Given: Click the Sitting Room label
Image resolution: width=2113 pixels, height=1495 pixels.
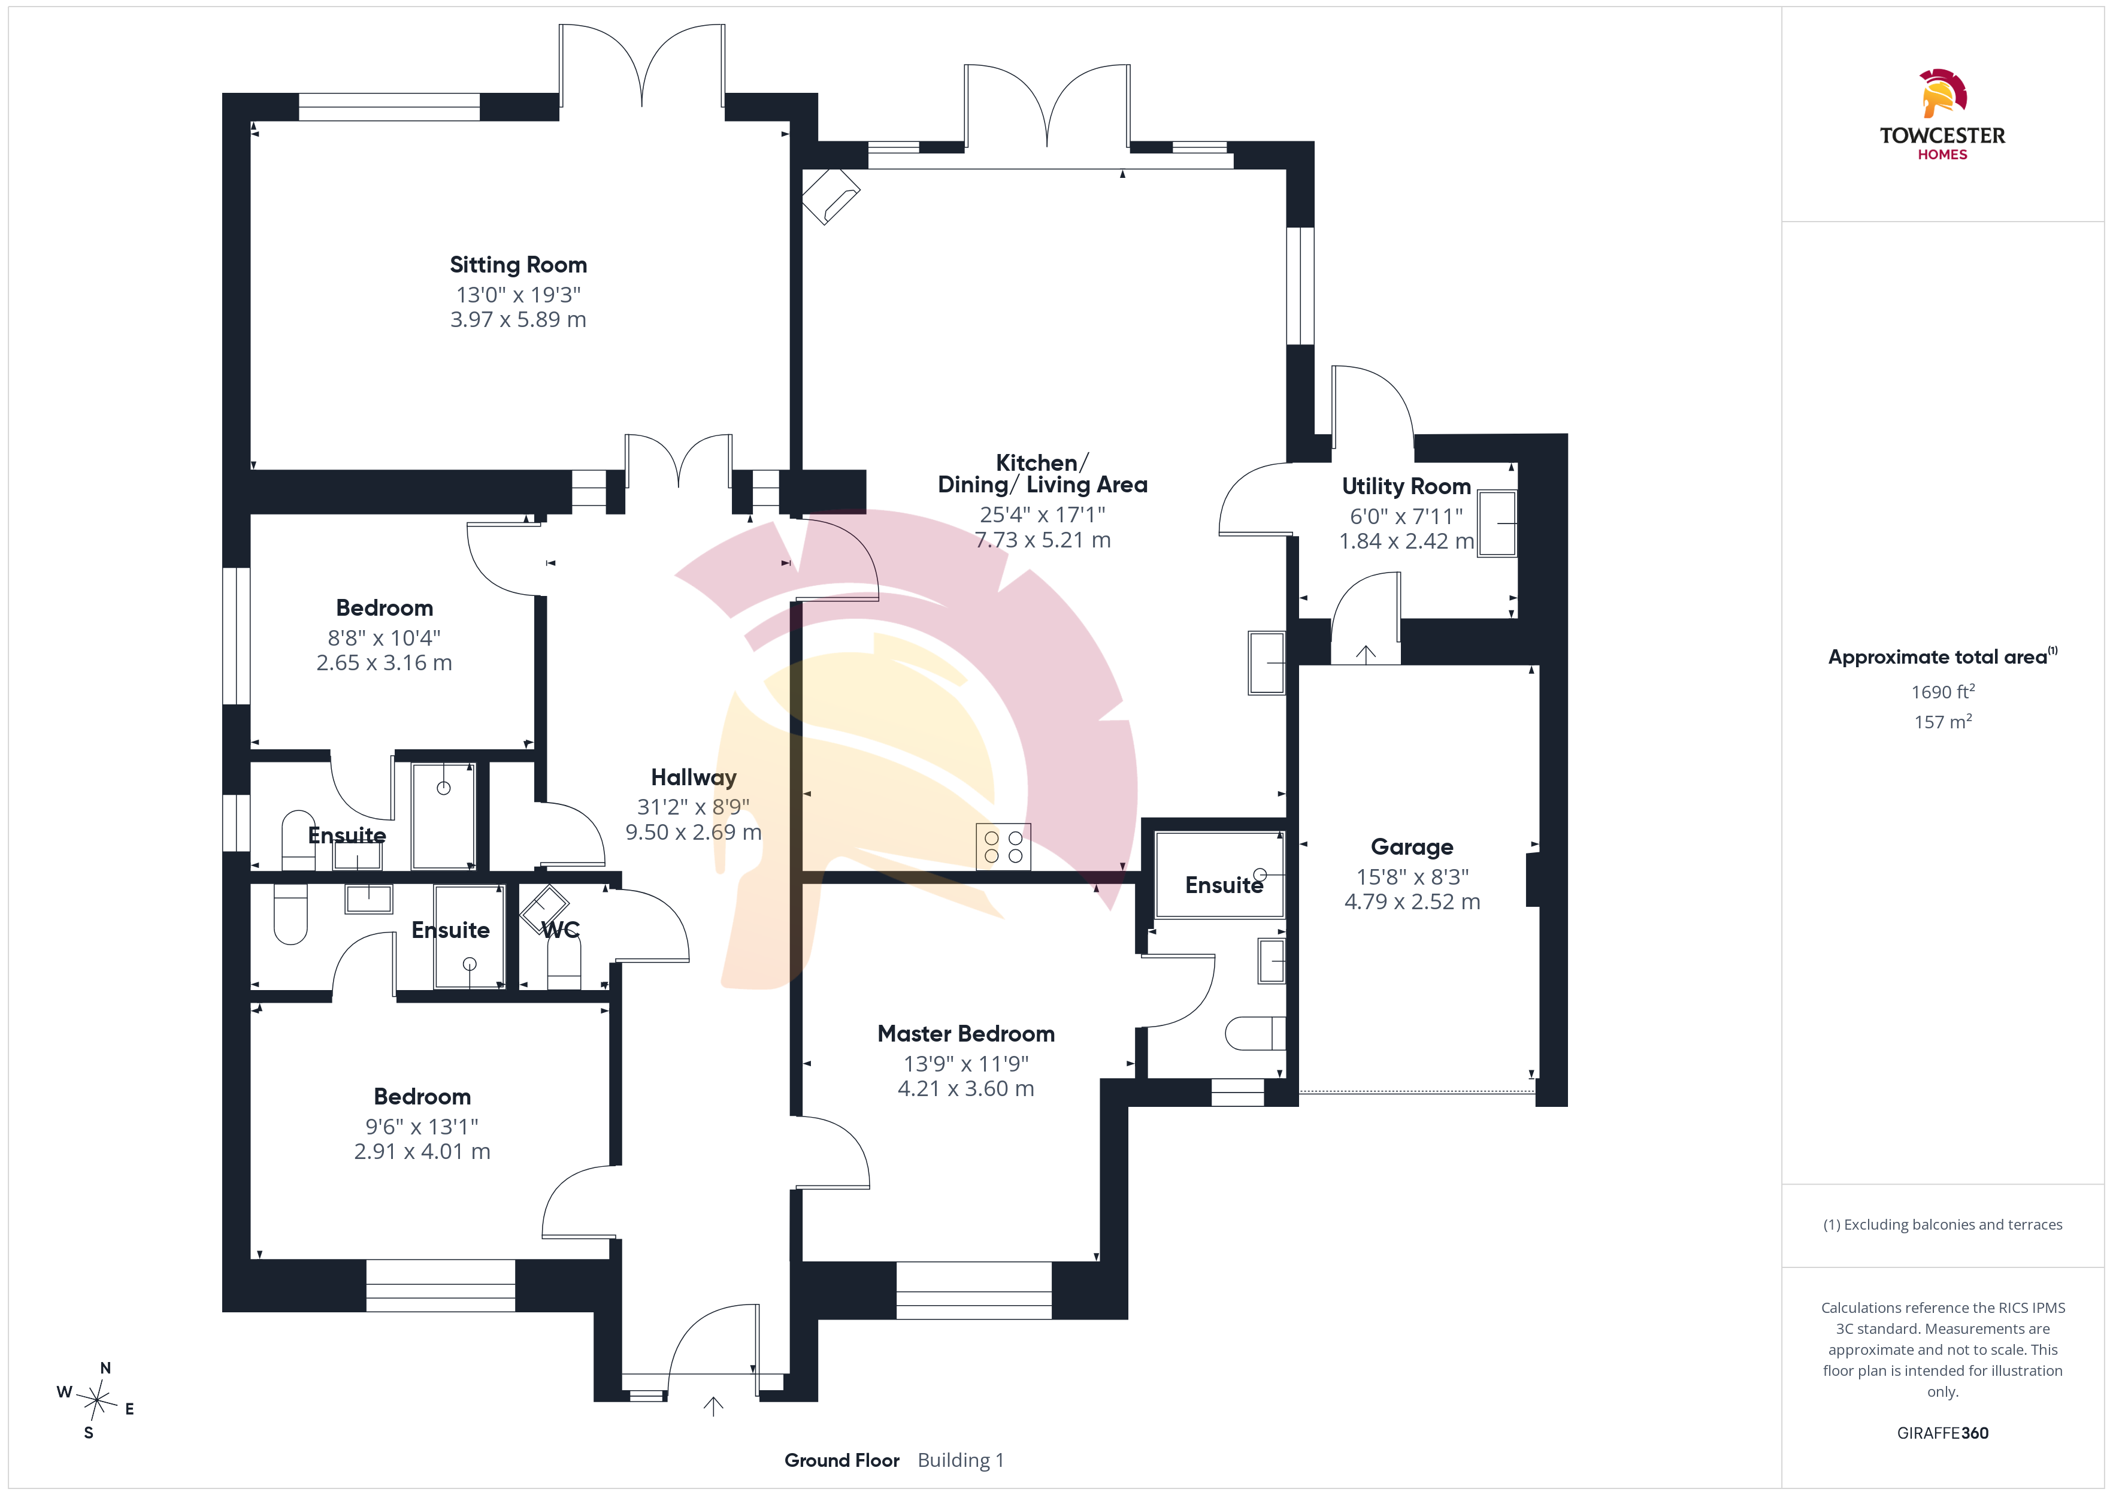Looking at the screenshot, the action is [518, 265].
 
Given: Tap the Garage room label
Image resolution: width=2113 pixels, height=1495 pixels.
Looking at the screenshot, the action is [1412, 847].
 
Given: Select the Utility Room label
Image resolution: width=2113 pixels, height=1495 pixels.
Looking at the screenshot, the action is [1406, 486].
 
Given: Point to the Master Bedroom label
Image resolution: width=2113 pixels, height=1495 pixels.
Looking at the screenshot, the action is [965, 1034].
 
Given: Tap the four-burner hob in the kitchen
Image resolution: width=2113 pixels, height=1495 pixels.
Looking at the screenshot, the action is [1003, 847].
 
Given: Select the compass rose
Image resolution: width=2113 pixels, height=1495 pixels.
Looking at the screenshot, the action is [96, 1401].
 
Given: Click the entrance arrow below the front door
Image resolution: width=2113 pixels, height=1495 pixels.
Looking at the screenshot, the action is [713, 1406].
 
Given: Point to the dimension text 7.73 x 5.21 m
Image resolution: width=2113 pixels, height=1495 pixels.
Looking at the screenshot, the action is [1043, 540].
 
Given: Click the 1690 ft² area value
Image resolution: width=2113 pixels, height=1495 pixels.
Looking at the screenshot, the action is [1943, 691].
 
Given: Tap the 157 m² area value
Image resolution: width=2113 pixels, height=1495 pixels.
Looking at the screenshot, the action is [1943, 722].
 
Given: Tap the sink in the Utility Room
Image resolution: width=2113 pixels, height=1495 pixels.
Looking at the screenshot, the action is [1497, 523].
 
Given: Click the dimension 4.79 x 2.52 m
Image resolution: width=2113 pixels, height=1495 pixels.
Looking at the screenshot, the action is [1412, 902].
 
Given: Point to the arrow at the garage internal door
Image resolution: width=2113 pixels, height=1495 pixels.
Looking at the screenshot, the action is [1366, 655].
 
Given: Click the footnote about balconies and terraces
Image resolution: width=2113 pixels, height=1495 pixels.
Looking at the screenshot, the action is [1943, 1224].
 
